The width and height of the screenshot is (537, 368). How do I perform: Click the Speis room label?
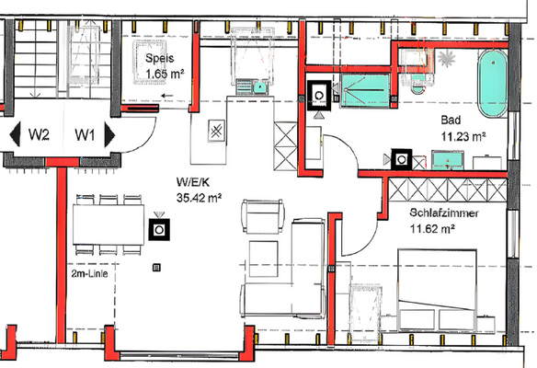[160, 58]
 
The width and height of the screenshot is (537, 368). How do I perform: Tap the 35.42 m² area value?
[199, 198]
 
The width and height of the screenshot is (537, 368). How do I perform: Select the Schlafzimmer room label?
[444, 213]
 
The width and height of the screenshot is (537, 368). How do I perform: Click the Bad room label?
[451, 120]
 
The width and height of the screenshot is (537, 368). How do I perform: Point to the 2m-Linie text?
[90, 274]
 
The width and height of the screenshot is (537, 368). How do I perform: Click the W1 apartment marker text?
[85, 134]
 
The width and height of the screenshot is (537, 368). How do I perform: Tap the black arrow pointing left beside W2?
[15, 134]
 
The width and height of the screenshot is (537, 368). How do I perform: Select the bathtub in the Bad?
[493, 84]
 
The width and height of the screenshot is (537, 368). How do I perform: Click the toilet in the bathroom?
[417, 86]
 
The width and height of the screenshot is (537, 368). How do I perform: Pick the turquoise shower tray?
[365, 90]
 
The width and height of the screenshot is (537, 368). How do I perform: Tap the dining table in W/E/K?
[109, 224]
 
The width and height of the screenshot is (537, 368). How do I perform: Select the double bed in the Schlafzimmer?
[437, 291]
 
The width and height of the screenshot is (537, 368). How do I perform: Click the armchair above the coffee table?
[263, 217]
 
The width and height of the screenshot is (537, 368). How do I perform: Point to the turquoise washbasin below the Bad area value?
[448, 160]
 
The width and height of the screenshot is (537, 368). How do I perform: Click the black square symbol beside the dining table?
[159, 229]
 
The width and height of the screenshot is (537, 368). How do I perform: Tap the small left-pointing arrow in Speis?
[167, 96]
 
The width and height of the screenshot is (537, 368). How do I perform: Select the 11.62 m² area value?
[432, 228]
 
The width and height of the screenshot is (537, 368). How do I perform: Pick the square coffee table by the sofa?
[263, 259]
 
